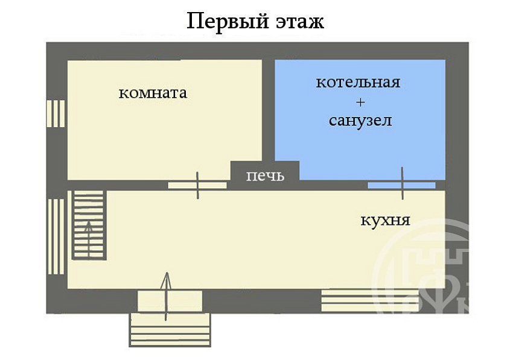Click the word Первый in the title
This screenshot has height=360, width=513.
[x=228, y=22]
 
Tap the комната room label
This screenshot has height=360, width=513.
[x=153, y=93]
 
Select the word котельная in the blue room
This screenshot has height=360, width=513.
[x=358, y=83]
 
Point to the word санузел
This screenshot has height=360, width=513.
[x=360, y=121]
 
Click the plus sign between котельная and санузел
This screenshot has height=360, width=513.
[x=360, y=103]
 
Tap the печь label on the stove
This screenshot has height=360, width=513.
[x=265, y=176]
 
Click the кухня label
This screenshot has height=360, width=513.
[x=385, y=220]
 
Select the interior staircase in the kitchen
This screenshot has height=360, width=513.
[x=89, y=225]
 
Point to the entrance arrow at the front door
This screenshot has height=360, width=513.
[x=167, y=296]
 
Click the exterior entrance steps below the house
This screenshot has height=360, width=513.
[x=170, y=330]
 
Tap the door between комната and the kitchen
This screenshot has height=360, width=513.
[x=197, y=185]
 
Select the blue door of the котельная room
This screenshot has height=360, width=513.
[x=402, y=185]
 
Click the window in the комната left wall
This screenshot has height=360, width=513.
[x=56, y=113]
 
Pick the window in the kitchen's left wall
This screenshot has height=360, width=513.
[x=56, y=236]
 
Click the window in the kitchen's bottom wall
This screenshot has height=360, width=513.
[x=370, y=300]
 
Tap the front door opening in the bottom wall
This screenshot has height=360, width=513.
[x=170, y=301]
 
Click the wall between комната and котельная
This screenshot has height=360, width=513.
[x=269, y=110]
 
